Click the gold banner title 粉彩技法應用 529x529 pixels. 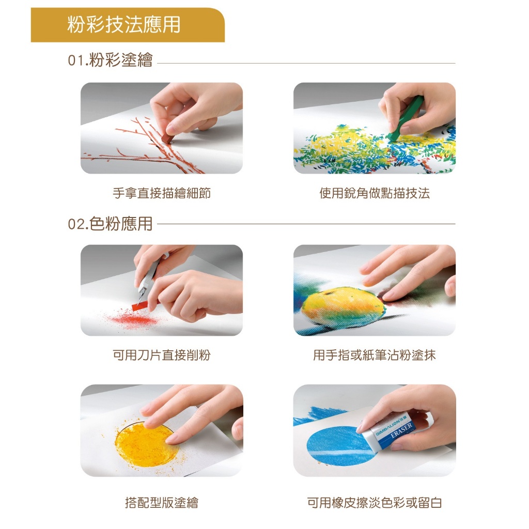[124, 25]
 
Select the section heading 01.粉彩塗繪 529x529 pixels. [111, 60]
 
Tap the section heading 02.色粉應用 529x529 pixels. [111, 224]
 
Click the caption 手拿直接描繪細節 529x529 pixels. [162, 193]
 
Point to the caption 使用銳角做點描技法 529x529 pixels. [375, 193]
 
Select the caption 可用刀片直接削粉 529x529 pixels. [162, 355]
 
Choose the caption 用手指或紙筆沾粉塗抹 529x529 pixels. [375, 355]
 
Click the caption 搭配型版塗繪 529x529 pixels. [162, 503]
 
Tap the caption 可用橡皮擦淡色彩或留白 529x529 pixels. [375, 503]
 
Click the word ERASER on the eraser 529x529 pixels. [401, 431]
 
